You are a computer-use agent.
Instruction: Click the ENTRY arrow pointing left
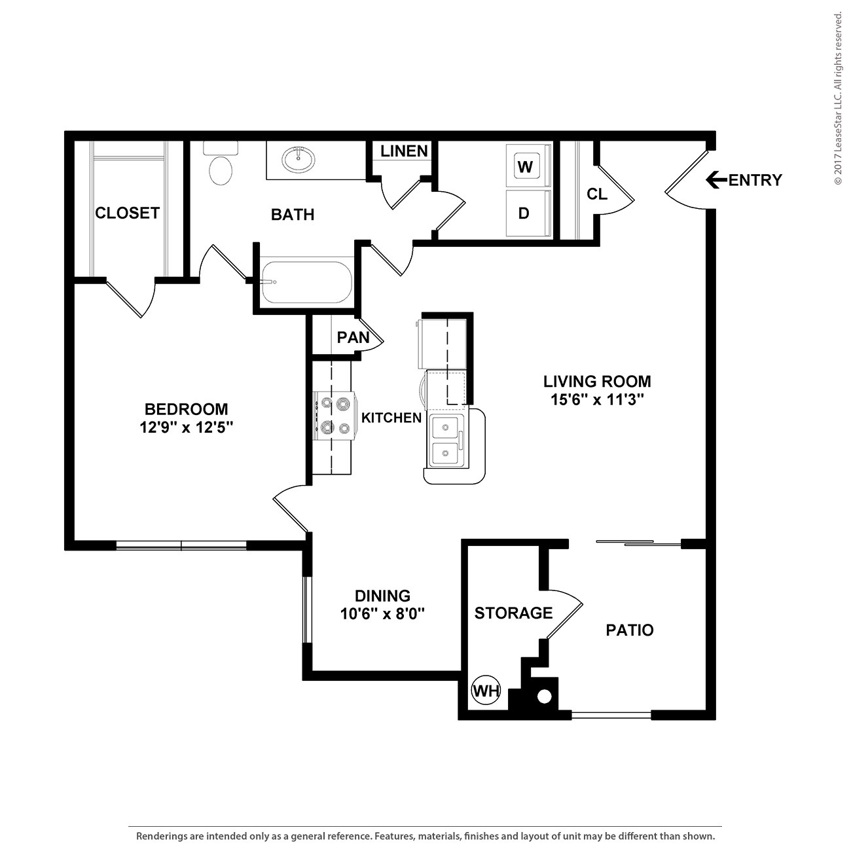[716, 180]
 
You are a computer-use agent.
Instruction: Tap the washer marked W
[528, 166]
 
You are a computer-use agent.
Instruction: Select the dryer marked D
[528, 213]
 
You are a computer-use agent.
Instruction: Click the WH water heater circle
[486, 690]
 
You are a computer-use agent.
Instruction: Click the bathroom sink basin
[299, 159]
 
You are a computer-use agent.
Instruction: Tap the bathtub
[306, 282]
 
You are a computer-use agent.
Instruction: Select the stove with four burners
[335, 416]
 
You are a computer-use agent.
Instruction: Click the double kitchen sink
[446, 441]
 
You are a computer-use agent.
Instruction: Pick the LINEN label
[404, 151]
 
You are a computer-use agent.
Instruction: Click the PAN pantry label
[353, 337]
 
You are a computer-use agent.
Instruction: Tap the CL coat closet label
[596, 194]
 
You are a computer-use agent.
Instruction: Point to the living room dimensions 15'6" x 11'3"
[597, 400]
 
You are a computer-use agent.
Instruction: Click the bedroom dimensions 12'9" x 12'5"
[187, 427]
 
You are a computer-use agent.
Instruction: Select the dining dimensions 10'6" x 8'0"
[382, 614]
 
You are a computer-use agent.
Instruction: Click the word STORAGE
[513, 613]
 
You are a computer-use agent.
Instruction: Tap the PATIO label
[629, 630]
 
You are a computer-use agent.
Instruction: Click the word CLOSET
[127, 213]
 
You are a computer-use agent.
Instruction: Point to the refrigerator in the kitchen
[443, 344]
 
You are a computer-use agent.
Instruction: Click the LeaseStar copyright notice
[837, 99]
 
